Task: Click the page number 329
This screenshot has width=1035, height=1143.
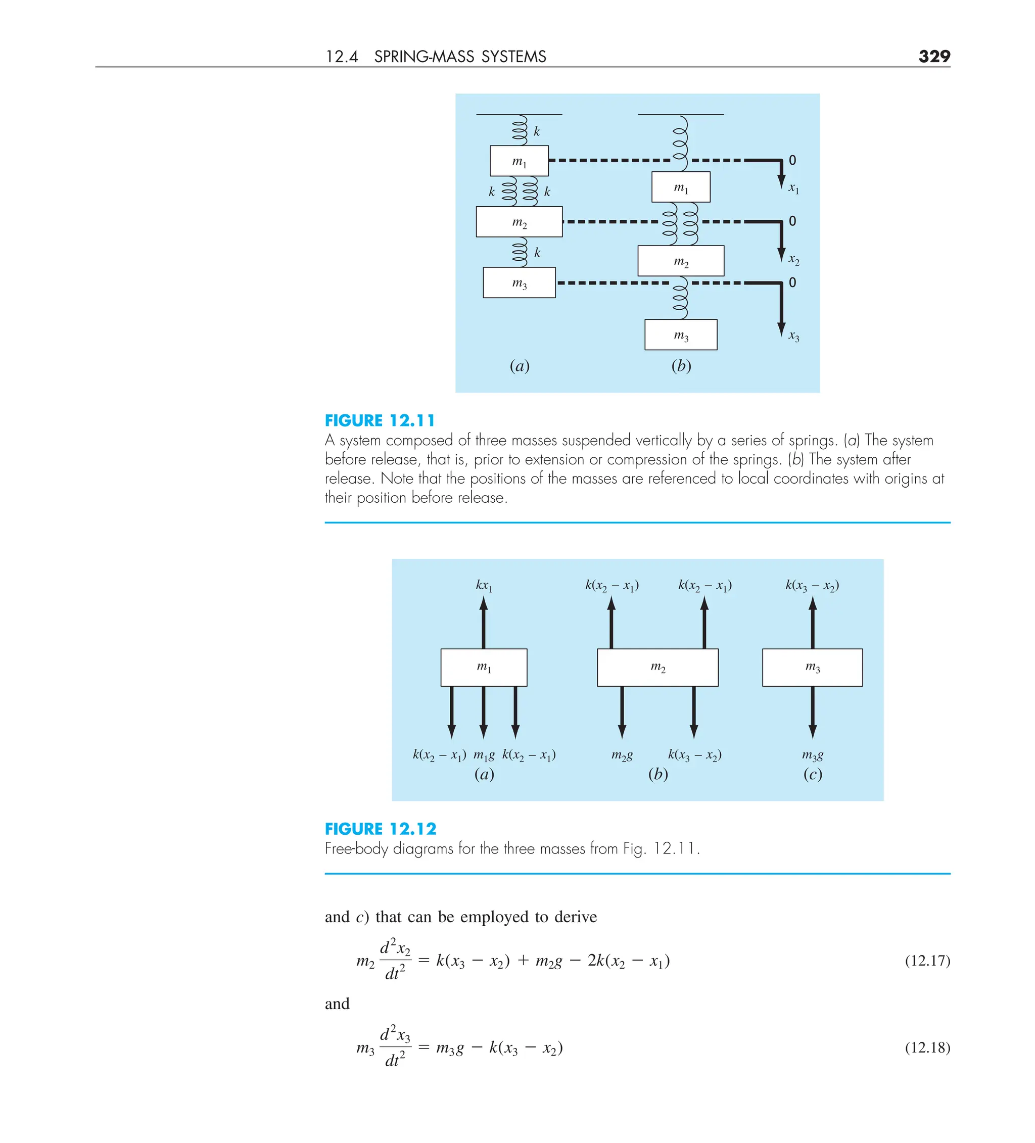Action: (933, 56)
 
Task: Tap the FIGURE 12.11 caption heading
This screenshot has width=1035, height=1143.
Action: (380, 421)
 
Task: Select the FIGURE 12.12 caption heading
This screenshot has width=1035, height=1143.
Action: (381, 829)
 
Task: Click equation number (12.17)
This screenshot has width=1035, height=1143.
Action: (927, 961)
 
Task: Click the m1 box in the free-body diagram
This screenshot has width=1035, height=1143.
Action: (484, 668)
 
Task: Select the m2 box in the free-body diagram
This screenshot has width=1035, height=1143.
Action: (657, 668)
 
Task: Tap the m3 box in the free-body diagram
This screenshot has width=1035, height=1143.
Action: (812, 668)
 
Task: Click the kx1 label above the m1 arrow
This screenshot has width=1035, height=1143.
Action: (484, 585)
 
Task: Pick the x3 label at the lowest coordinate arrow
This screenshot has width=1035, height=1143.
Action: (793, 336)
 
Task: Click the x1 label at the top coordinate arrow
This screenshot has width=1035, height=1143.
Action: (793, 188)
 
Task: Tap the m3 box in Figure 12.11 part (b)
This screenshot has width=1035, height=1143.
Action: (681, 335)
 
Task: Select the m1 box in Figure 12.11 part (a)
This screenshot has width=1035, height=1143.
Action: (519, 161)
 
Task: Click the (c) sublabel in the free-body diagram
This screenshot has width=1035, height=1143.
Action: (812, 774)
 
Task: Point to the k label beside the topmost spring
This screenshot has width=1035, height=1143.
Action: (537, 131)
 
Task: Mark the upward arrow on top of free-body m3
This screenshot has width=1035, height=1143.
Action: (813, 622)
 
